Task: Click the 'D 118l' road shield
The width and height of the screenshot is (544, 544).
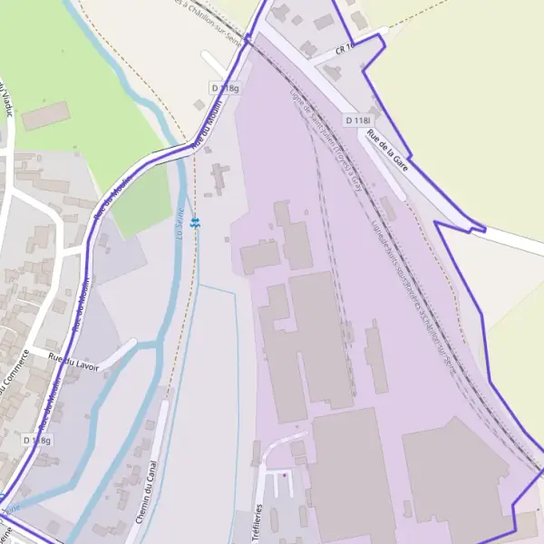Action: [358, 121]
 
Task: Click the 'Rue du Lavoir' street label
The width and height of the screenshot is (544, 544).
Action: [73, 358]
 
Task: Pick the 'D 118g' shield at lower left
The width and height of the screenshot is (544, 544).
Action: [37, 440]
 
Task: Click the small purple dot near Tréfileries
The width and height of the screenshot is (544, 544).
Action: [285, 474]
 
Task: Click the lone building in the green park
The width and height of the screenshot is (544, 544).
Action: [46, 115]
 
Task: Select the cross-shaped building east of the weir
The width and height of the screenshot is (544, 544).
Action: [219, 178]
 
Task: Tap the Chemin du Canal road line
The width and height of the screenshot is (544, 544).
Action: [155, 453]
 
